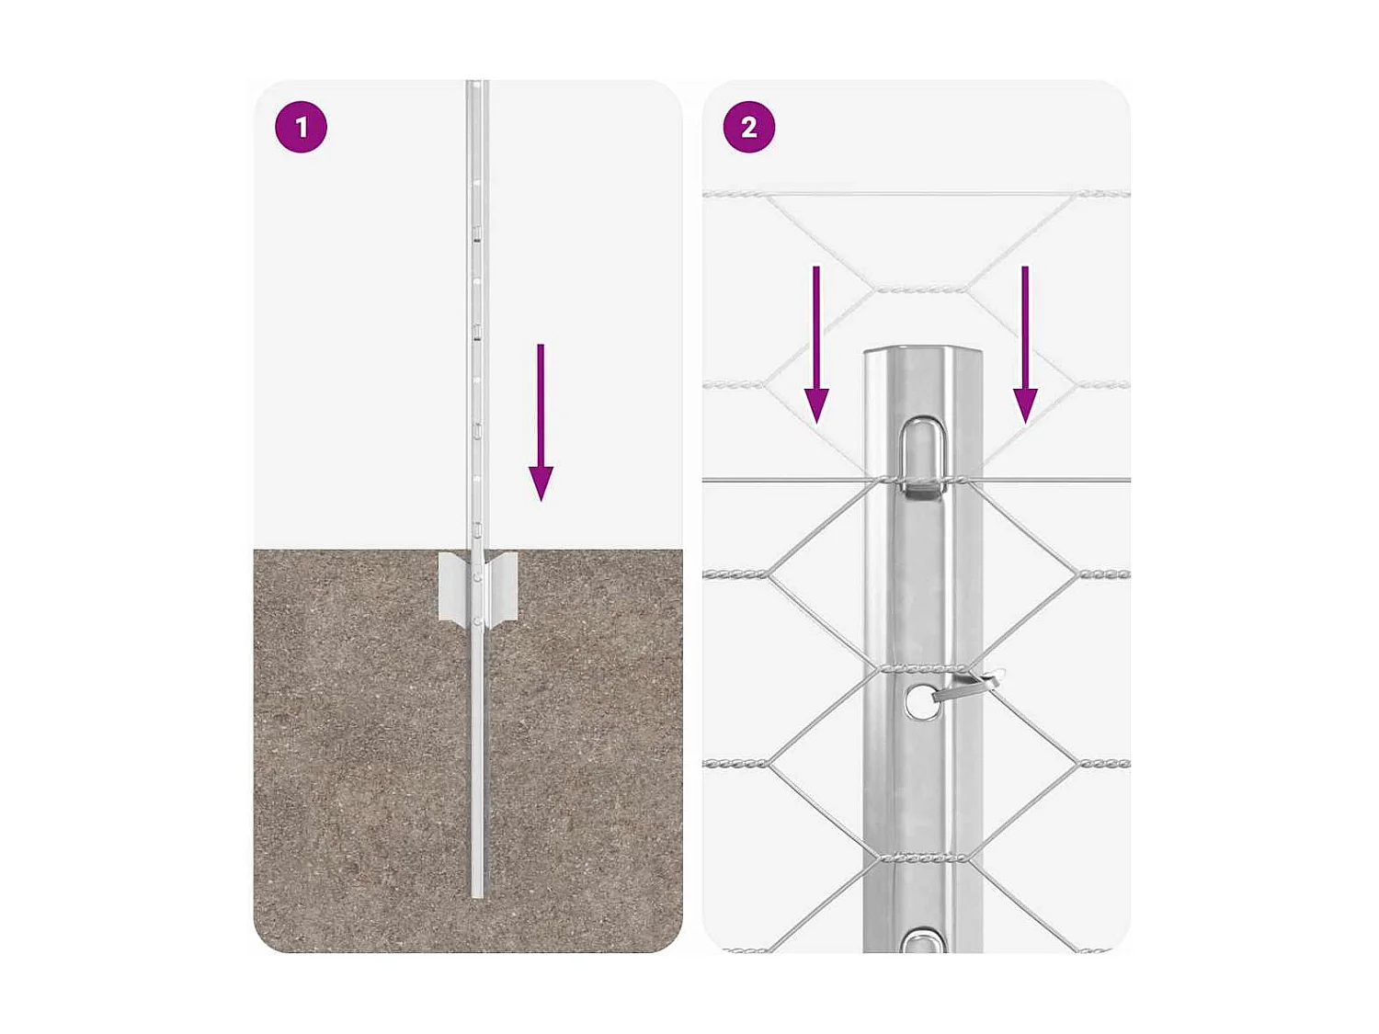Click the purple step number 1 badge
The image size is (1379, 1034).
pos(301,127)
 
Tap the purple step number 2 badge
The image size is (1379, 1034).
pos(748,127)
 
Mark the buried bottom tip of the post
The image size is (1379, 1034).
pos(477,892)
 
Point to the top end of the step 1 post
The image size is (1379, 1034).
pos(476,85)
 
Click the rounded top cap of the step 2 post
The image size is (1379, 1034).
pos(922,354)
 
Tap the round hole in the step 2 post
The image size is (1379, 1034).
pos(918,702)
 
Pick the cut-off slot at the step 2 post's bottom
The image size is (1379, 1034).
pos(923,941)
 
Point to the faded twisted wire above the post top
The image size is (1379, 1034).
pos(919,289)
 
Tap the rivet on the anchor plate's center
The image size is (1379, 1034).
pos(476,577)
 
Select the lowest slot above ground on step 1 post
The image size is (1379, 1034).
pos(477,528)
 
